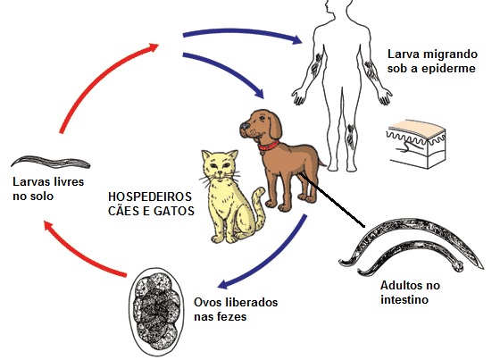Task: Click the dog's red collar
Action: pyautogui.click(x=269, y=146)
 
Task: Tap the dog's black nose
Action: pyautogui.click(x=245, y=125)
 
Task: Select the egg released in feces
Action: pyautogui.click(x=156, y=312)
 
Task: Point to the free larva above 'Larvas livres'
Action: pyautogui.click(x=51, y=162)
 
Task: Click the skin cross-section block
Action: pyautogui.click(x=416, y=144)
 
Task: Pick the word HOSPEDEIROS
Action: pyautogui.click(x=150, y=197)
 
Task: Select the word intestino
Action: pyautogui.click(x=404, y=299)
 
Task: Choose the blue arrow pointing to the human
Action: pyautogui.click(x=242, y=33)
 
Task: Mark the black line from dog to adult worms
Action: pyautogui.click(x=331, y=200)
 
